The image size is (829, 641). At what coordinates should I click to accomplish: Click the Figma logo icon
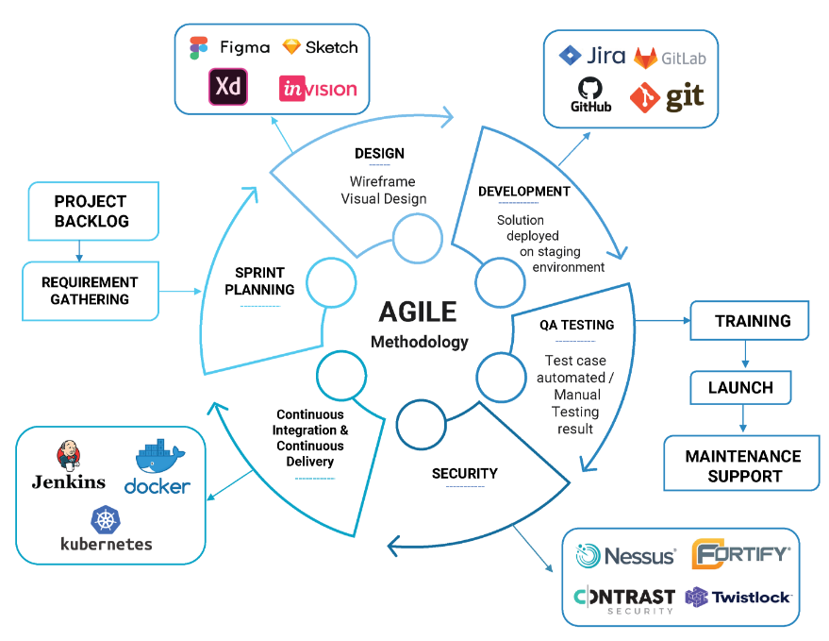point(198,48)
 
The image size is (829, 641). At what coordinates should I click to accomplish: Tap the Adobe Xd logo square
point(228,88)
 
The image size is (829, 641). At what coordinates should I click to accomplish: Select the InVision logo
point(318,90)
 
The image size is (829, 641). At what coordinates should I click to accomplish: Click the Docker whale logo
point(157,467)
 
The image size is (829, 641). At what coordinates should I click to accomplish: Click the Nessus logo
point(626,555)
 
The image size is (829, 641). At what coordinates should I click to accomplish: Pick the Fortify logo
point(740,554)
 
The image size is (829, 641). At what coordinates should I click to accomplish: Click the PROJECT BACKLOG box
point(91,211)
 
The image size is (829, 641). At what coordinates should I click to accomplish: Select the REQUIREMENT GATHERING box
point(90,291)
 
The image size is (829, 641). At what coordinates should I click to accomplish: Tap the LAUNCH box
point(741,387)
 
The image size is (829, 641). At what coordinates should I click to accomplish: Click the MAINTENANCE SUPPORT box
point(742,465)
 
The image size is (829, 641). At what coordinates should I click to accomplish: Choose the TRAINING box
point(752,321)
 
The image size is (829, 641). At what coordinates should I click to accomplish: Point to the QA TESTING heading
point(576,325)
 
